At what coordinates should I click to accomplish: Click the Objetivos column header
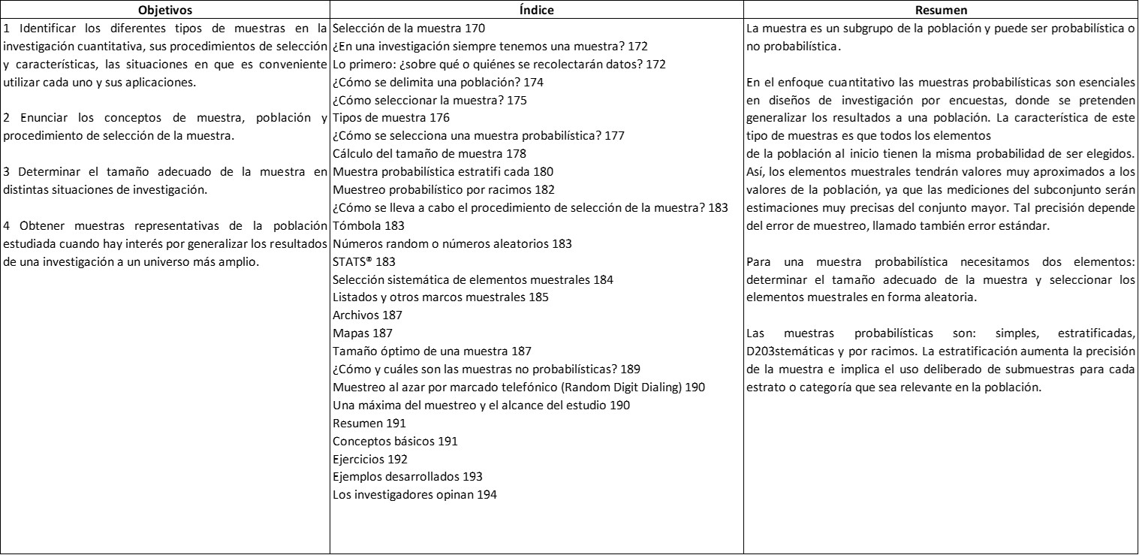pos(164,11)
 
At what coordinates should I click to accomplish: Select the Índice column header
pos(536,11)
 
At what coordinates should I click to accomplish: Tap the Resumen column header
pos(940,11)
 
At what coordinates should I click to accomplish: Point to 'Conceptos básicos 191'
pos(394,441)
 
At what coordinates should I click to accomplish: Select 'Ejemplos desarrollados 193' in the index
pos(407,477)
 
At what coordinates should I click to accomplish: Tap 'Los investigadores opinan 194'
pos(414,494)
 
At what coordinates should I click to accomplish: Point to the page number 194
pos(487,494)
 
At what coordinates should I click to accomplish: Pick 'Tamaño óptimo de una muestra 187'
pos(432,351)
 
